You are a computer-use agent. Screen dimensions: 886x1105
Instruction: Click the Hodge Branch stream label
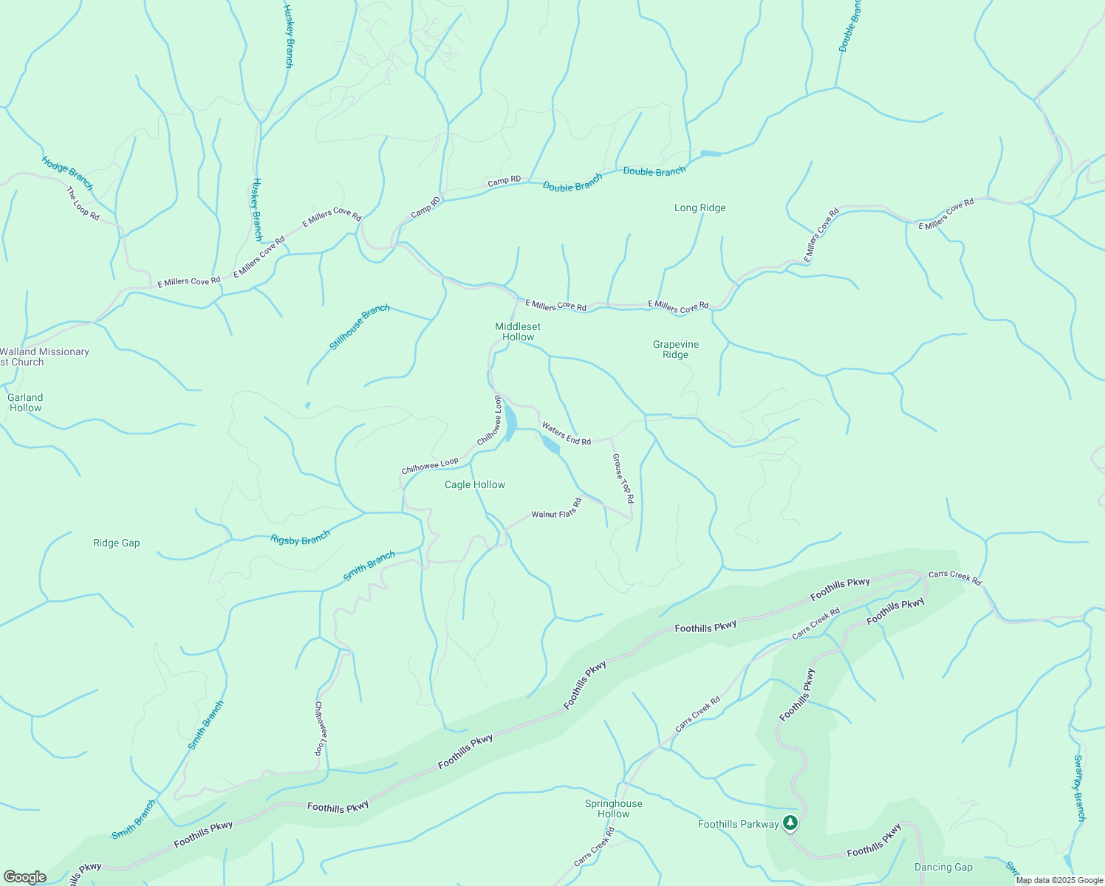point(67,173)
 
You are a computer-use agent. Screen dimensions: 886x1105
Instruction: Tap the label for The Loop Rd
point(83,203)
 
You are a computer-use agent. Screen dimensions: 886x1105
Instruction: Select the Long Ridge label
point(699,208)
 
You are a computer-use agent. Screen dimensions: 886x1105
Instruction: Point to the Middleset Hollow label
point(518,332)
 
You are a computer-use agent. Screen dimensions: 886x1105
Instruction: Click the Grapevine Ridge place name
point(675,349)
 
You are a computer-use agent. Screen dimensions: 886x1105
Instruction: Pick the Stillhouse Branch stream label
point(360,326)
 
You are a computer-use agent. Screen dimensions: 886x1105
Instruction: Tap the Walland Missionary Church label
point(44,357)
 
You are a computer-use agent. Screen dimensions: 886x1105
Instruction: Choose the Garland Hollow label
point(25,402)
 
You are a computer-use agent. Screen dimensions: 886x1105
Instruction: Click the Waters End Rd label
point(567,433)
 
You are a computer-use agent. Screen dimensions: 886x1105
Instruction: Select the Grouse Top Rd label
point(623,478)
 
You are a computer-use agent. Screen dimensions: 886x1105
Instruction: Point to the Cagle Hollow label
point(475,485)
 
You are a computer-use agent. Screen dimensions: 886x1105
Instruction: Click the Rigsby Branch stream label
point(300,539)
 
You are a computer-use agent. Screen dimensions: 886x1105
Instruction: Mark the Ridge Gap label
point(117,543)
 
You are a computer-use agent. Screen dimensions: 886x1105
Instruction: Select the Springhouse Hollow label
point(613,808)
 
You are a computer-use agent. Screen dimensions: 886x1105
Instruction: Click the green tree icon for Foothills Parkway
point(790,823)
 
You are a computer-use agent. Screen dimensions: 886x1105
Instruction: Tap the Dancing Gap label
point(943,868)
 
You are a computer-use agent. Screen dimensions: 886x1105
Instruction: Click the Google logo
point(25,877)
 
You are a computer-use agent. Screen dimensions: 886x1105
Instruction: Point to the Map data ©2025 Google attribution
point(1058,880)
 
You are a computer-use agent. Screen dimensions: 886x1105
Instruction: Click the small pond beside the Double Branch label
point(711,154)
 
